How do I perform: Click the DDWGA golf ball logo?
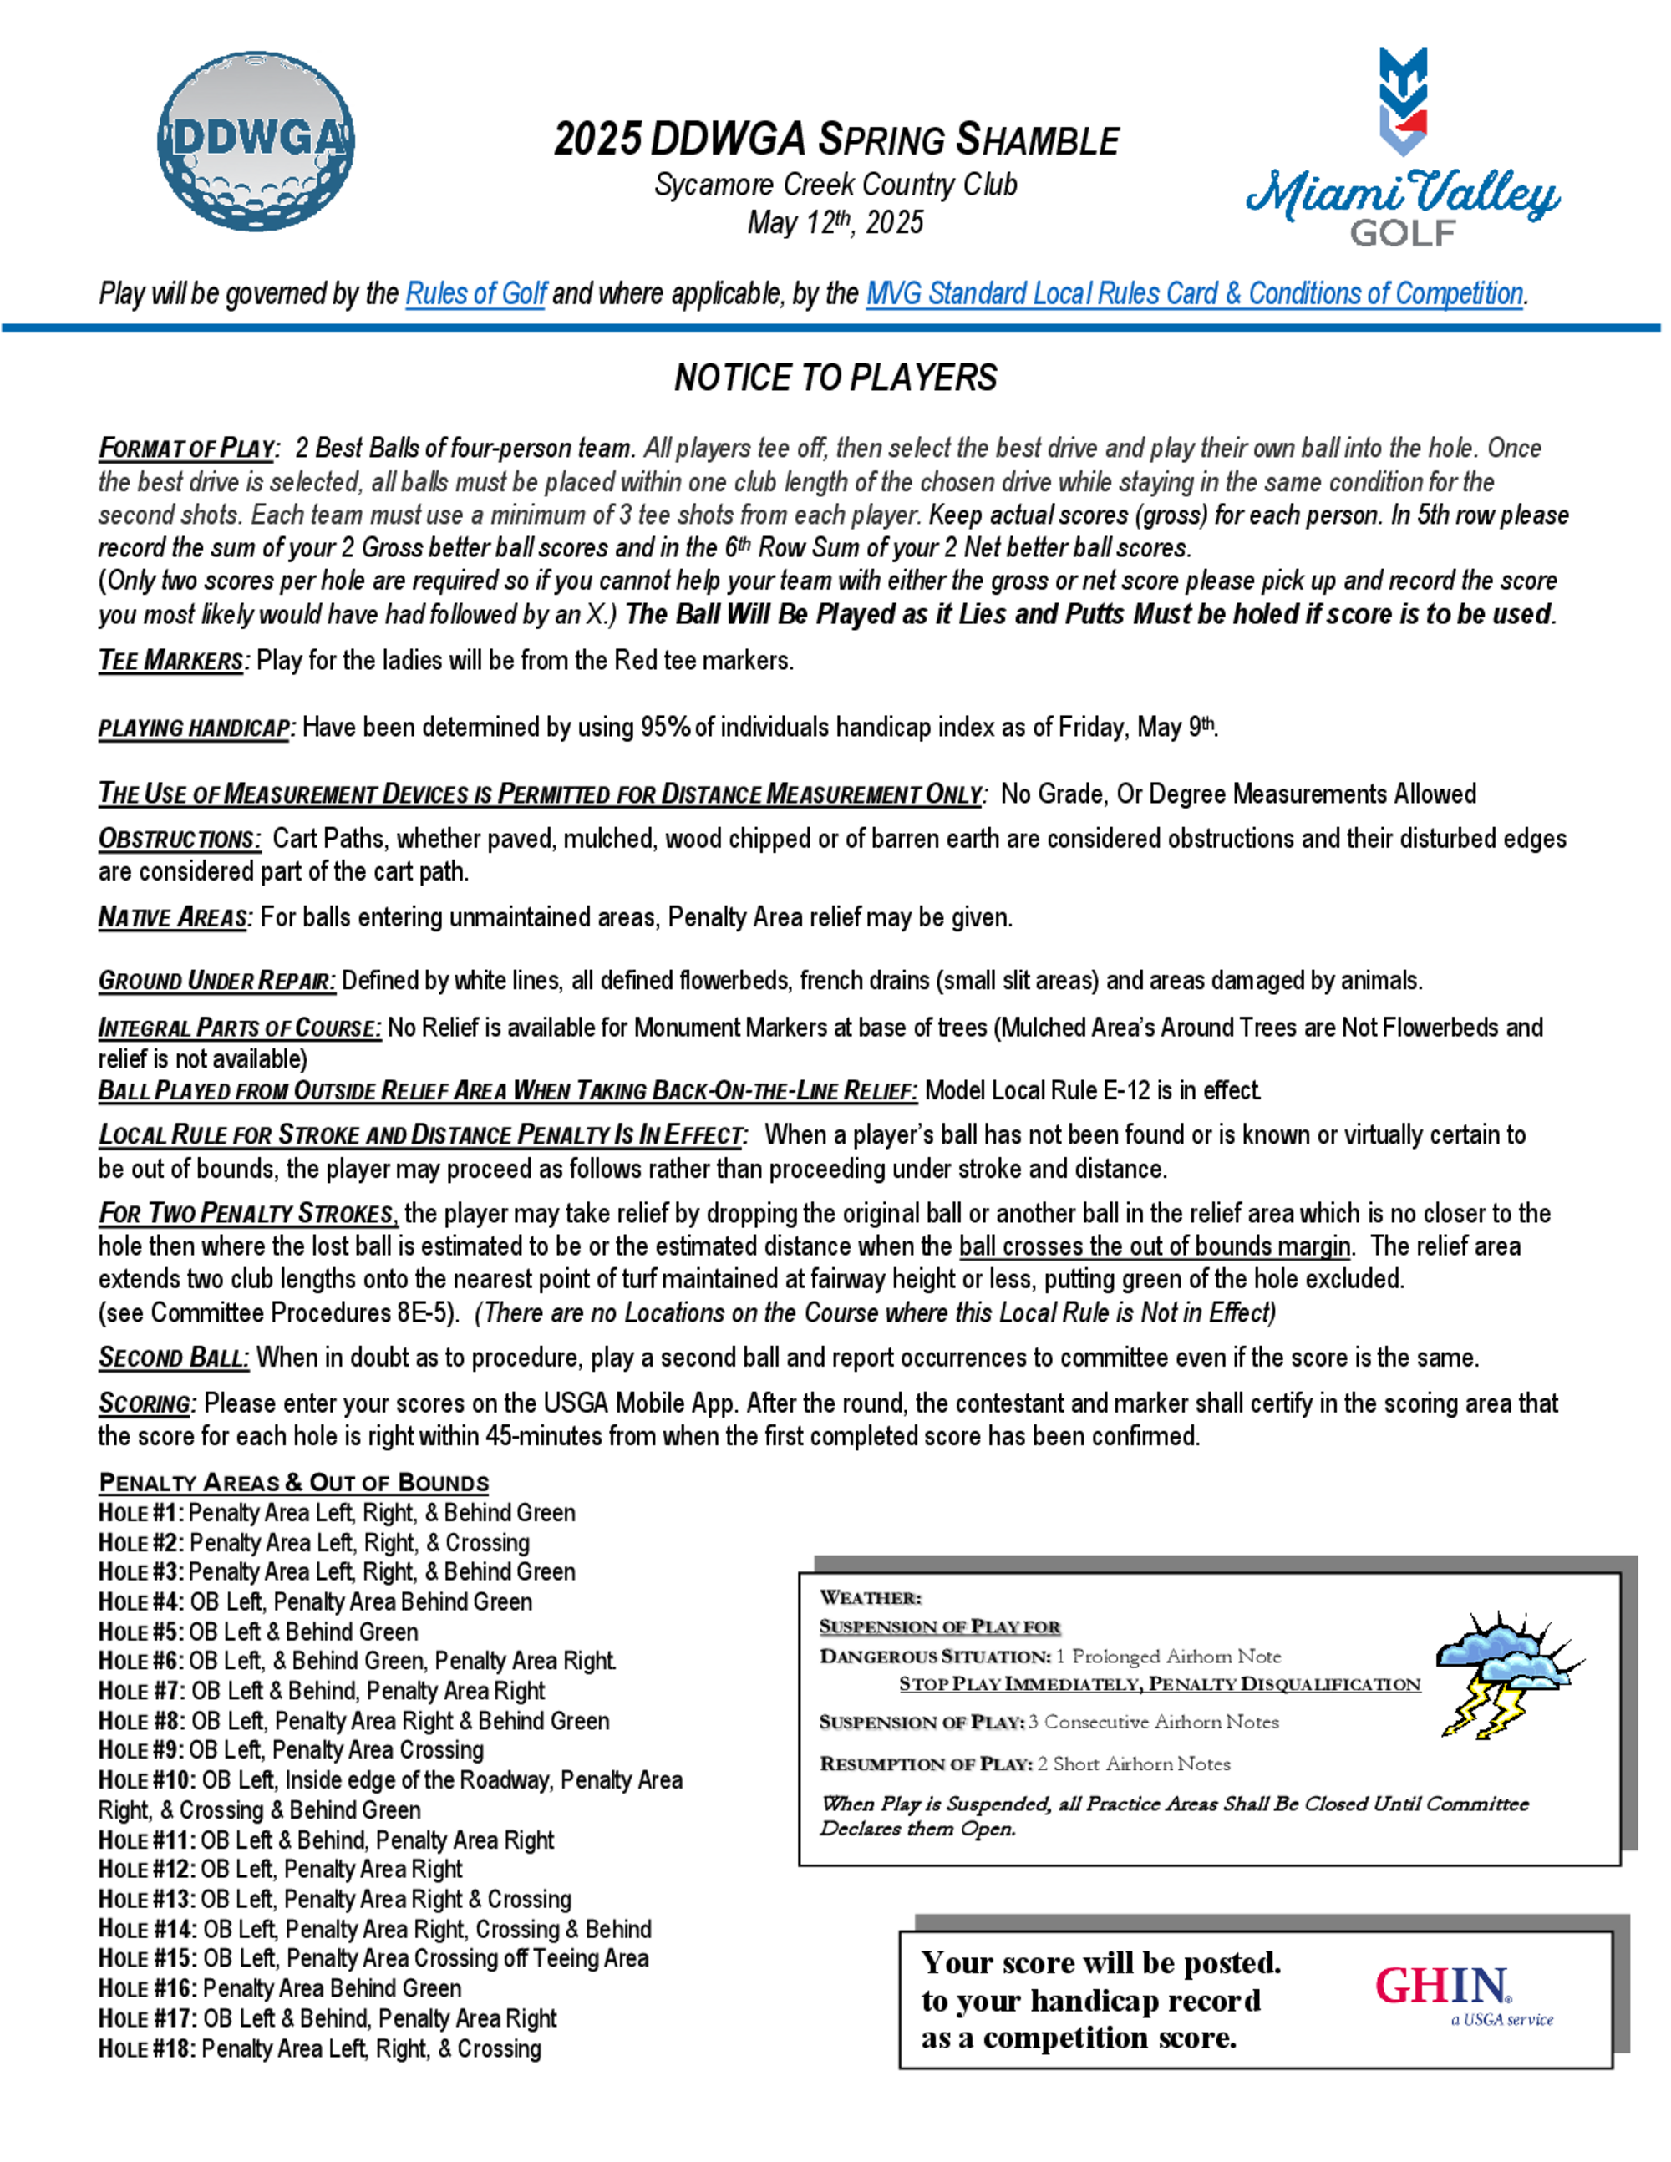[256, 141]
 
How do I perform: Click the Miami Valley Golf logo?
[1403, 149]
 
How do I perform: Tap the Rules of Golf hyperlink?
[475, 294]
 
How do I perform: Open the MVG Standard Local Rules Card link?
[1194, 294]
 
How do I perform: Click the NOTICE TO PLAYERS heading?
[835, 377]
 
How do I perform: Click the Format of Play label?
[186, 449]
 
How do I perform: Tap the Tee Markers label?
[171, 660]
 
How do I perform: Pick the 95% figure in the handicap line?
[665, 728]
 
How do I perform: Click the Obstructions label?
[179, 840]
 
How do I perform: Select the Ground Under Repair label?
[216, 981]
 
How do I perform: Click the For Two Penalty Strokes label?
[247, 1214]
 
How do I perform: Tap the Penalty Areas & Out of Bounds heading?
[294, 1482]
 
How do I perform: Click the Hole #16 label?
[146, 1989]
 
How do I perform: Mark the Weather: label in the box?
[870, 1598]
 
